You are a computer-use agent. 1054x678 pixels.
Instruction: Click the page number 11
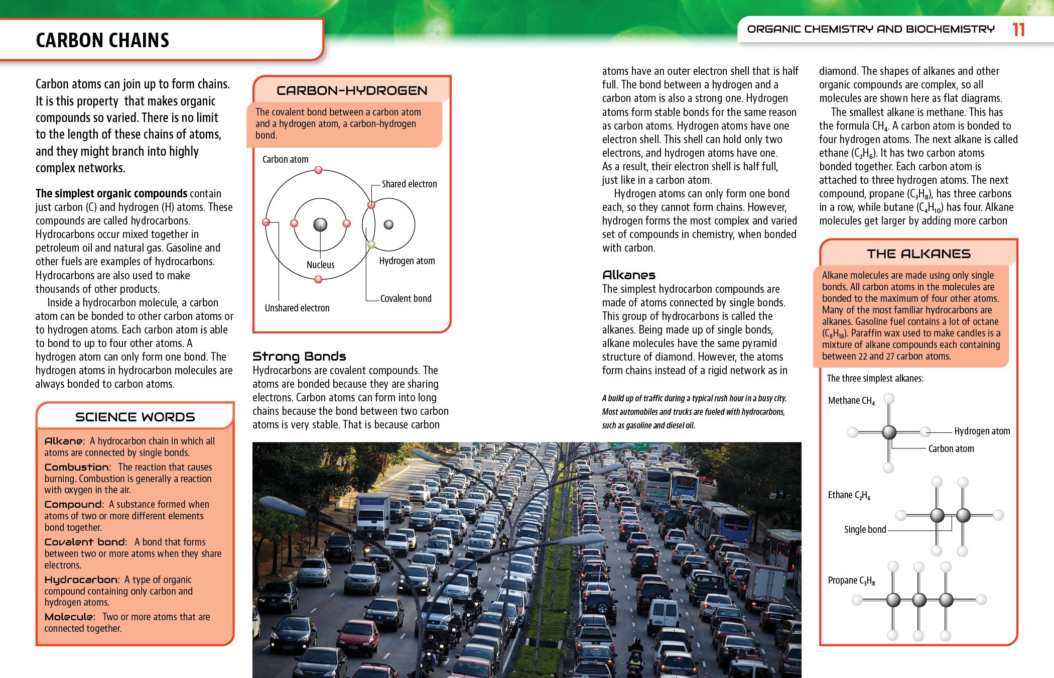[x=1018, y=30]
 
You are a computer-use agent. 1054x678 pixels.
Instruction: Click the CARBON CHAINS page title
[x=102, y=40]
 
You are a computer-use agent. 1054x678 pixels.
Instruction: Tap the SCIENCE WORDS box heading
[x=135, y=417]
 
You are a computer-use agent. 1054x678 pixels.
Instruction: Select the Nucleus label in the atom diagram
[x=320, y=265]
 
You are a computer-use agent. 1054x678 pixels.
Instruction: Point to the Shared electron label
[x=409, y=184]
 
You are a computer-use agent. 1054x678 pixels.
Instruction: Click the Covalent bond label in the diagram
[x=406, y=298]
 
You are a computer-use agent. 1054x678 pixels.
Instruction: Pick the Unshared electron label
[x=297, y=308]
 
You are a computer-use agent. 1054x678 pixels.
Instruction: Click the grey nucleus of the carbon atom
[x=320, y=224]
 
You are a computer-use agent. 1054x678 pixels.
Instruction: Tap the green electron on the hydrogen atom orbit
[x=371, y=245]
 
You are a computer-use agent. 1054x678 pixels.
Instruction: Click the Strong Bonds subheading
[x=299, y=357]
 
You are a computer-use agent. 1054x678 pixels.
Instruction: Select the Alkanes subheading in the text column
[x=628, y=275]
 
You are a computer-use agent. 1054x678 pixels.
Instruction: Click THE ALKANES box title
[x=918, y=254]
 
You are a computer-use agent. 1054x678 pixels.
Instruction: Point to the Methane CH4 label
[x=851, y=401]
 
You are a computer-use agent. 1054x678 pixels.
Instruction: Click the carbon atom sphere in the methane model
[x=889, y=432]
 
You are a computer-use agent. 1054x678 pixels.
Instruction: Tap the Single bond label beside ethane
[x=865, y=529]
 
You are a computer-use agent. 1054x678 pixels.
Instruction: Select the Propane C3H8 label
[x=851, y=581]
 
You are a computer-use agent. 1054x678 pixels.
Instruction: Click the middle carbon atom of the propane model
[x=919, y=600]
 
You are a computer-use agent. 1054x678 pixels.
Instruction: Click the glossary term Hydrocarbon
[x=81, y=580]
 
